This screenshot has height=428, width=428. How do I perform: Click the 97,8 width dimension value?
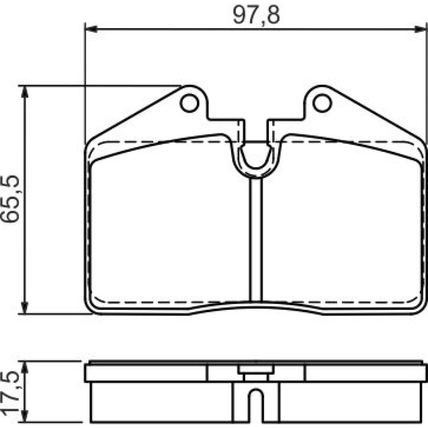pos(256,15)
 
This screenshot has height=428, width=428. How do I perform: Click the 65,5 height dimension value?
pos(10,199)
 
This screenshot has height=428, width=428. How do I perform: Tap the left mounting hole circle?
pos(189,103)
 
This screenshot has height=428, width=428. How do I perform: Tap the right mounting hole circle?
pos(322,103)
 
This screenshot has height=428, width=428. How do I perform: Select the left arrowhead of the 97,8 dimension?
pos(92,29)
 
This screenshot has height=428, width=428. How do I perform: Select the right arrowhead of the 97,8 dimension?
pos(421,29)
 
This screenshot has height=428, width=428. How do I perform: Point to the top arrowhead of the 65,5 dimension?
pos(25,92)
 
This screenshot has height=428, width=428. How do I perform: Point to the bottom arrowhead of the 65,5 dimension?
pos(25,308)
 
